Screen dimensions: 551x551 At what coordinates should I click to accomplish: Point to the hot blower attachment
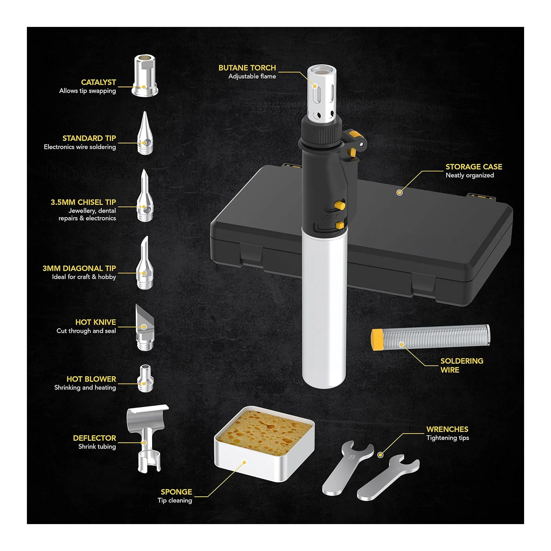(x=146, y=379)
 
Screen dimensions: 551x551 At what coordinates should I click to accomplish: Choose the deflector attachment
(x=147, y=438)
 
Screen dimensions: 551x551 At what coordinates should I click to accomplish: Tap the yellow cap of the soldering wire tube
(x=376, y=339)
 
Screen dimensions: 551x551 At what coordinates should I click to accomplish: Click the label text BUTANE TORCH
(x=247, y=68)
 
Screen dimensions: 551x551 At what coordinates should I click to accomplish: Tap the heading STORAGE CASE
(x=474, y=167)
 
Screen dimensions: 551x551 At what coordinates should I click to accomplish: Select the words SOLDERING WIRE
(x=462, y=365)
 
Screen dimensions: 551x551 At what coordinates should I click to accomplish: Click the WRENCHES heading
(x=447, y=429)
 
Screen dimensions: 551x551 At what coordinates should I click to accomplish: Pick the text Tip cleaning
(x=175, y=500)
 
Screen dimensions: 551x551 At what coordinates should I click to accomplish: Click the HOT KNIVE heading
(x=96, y=322)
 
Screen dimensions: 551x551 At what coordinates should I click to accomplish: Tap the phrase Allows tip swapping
(x=87, y=91)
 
